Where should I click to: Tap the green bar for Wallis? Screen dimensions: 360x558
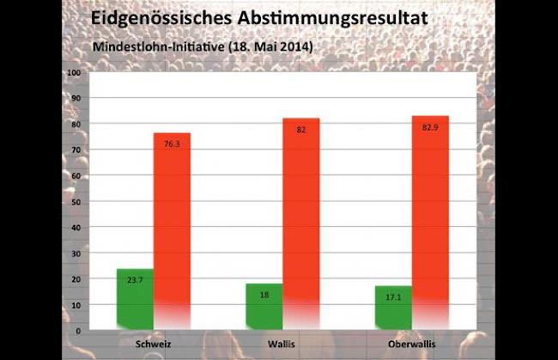click(x=264, y=305)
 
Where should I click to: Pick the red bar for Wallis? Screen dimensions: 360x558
click(x=300, y=223)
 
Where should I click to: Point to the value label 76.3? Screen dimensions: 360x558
click(x=172, y=144)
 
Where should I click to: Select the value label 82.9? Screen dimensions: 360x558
click(x=430, y=127)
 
